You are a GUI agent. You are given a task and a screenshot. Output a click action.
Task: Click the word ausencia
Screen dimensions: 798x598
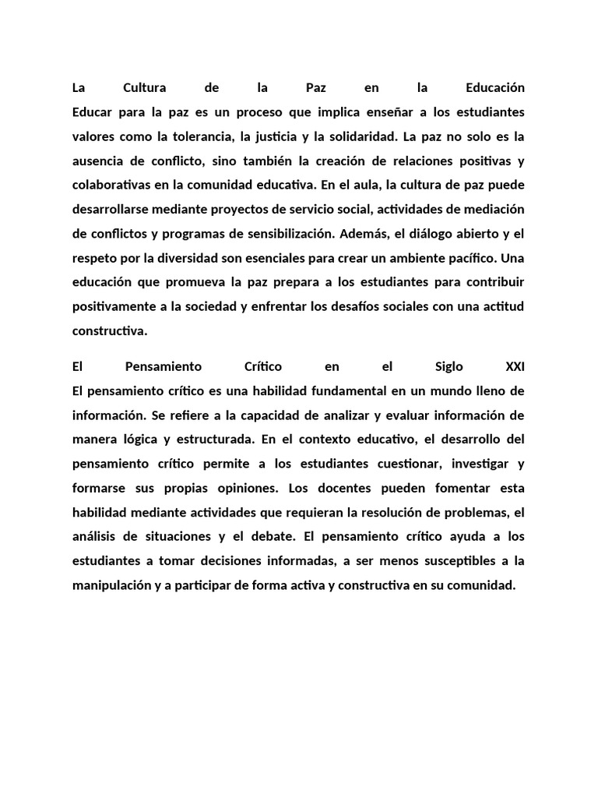pos(96,162)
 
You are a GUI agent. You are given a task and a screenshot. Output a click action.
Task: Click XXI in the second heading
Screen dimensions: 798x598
pos(515,366)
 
